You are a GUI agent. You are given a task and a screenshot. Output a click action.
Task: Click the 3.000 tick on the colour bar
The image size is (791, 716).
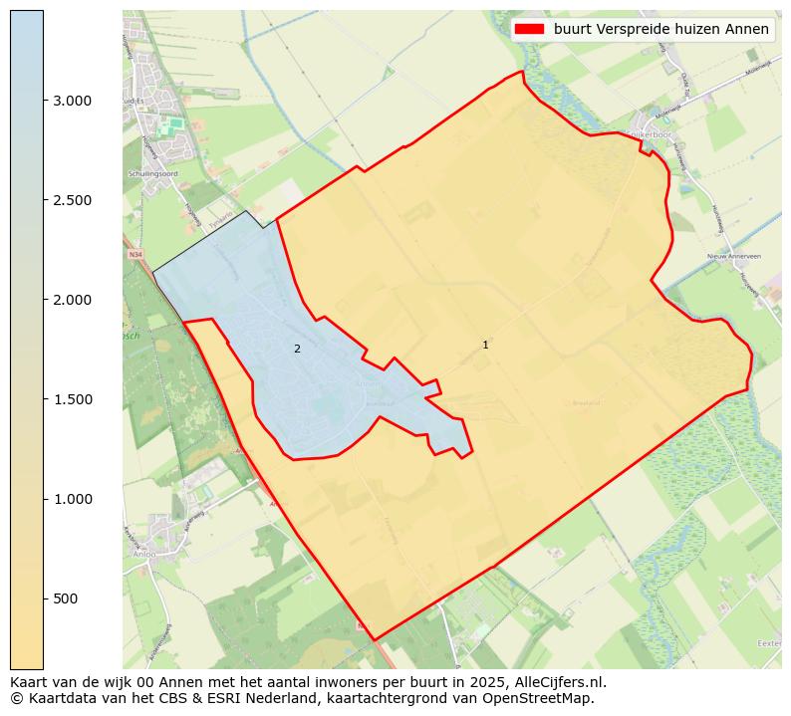click(x=71, y=101)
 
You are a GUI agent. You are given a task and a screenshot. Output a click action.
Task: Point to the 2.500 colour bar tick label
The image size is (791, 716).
click(x=71, y=200)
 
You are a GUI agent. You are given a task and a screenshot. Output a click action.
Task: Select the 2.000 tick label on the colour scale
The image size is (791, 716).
click(x=71, y=300)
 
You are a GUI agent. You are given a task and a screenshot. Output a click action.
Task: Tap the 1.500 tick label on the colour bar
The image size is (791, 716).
click(x=71, y=399)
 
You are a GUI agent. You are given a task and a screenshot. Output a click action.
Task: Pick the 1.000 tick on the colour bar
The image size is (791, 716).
click(x=71, y=499)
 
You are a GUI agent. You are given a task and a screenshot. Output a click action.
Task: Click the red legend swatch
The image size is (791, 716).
click(x=528, y=29)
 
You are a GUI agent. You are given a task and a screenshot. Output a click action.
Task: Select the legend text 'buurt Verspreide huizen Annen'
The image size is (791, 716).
click(x=661, y=29)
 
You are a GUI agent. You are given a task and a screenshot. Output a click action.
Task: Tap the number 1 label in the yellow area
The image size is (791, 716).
click(x=485, y=345)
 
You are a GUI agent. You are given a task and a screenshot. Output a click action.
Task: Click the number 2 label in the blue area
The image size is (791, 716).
click(x=297, y=349)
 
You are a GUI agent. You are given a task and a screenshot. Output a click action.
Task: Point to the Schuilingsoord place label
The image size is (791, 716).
click(x=152, y=173)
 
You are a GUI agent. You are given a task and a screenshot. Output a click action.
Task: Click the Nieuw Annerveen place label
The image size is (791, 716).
click(x=733, y=256)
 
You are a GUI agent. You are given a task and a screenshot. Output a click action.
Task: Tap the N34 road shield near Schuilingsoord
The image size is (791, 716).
click(x=135, y=254)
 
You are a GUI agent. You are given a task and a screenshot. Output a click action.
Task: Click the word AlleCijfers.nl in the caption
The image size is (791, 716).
click(x=560, y=682)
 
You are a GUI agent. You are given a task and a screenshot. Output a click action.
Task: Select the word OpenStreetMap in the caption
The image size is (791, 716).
click(x=546, y=698)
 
